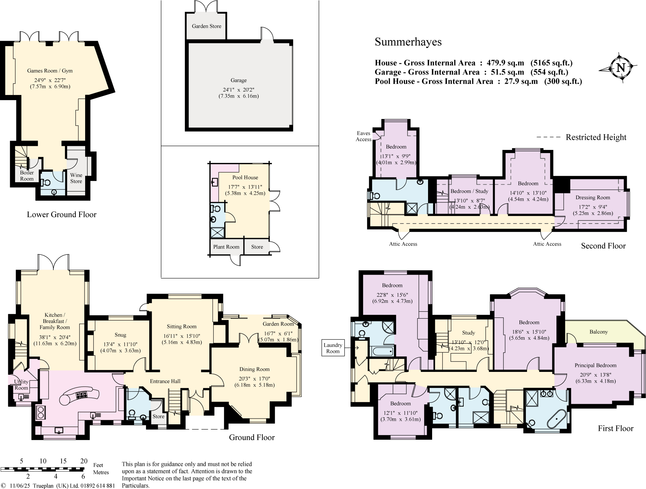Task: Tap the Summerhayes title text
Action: coord(408,42)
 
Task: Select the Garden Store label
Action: coord(206,26)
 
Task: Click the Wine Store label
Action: coord(76,178)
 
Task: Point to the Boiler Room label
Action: coord(27,176)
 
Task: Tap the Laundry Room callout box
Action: coord(333,348)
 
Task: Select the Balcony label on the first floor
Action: coord(598,332)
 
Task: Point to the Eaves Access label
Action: coord(363,136)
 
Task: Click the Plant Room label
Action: coord(226,247)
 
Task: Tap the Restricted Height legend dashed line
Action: coord(549,137)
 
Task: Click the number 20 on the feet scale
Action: coord(84,461)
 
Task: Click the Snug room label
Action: coord(120,335)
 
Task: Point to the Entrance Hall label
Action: coord(165,381)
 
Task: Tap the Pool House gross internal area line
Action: coord(478,81)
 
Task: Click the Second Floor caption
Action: coord(603,246)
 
